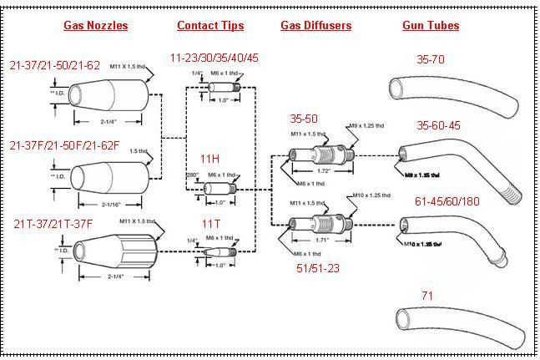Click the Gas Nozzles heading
(96, 25)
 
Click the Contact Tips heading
(210, 25)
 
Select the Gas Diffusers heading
(315, 25)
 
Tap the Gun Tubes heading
(430, 25)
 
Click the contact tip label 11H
(209, 158)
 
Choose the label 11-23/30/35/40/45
(214, 58)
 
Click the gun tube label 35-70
(433, 59)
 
